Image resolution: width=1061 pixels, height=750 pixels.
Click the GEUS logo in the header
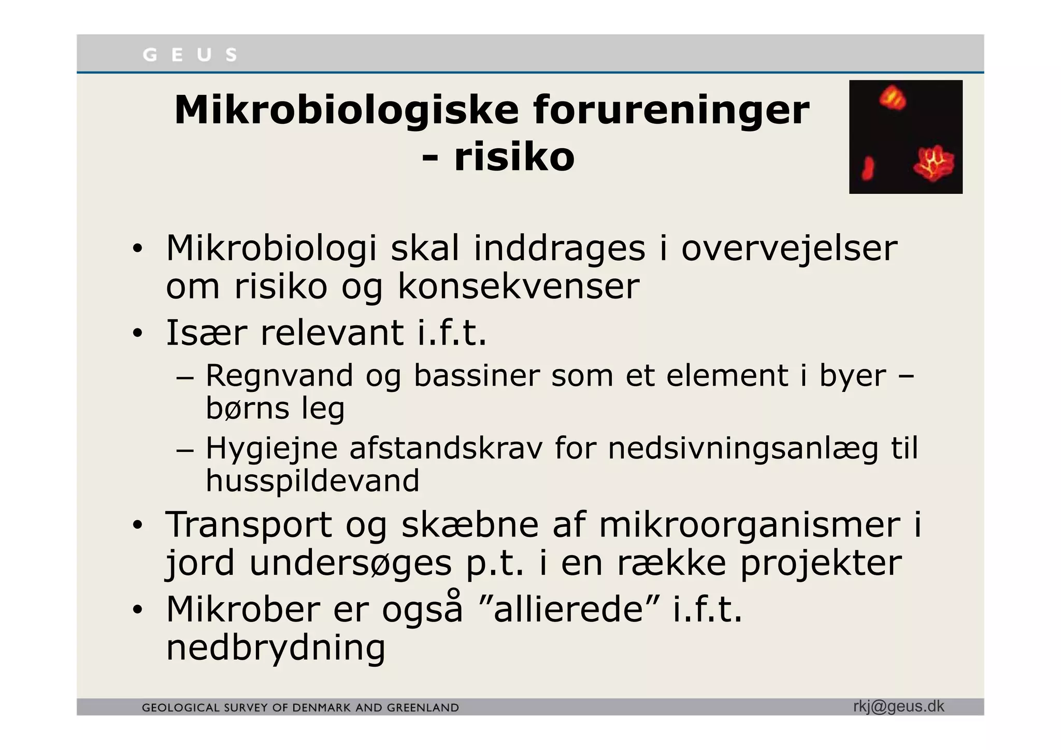pyautogui.click(x=190, y=54)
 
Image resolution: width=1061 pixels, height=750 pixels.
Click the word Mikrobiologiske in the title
pyautogui.click(x=346, y=110)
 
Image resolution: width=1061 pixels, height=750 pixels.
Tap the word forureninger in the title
pyautogui.click(x=671, y=110)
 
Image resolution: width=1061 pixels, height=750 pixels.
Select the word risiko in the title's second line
pyautogui.click(x=514, y=157)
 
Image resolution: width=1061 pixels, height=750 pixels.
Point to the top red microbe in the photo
pyautogui.click(x=892, y=97)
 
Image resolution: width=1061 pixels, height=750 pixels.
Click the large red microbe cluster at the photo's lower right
pyautogui.click(x=934, y=165)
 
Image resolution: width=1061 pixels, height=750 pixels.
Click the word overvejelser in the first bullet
pyautogui.click(x=788, y=248)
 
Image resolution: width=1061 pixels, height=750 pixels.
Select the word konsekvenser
pyautogui.click(x=519, y=286)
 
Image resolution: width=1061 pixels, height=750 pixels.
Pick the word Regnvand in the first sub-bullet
pyautogui.click(x=279, y=376)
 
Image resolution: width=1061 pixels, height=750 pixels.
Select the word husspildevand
pyautogui.click(x=312, y=480)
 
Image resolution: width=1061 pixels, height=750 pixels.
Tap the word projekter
pyautogui.click(x=821, y=563)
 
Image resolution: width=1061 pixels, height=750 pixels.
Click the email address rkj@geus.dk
pyautogui.click(x=898, y=706)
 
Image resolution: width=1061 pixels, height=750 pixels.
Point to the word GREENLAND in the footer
pyautogui.click(x=424, y=708)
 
